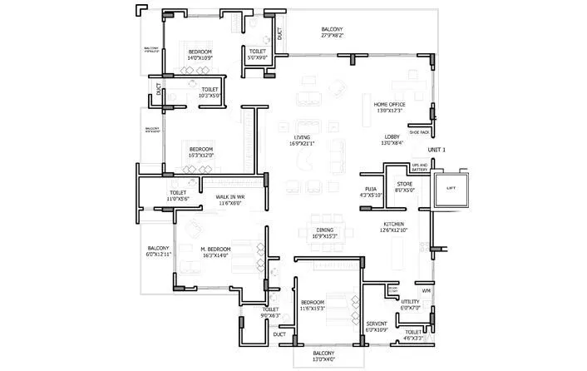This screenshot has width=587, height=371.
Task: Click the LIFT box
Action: (x=451, y=189)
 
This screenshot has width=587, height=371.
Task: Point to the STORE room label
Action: (x=404, y=186)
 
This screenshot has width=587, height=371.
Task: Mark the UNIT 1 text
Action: (x=437, y=150)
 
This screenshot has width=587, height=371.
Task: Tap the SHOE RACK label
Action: (x=419, y=131)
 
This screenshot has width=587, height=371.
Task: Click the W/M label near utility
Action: (x=426, y=290)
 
